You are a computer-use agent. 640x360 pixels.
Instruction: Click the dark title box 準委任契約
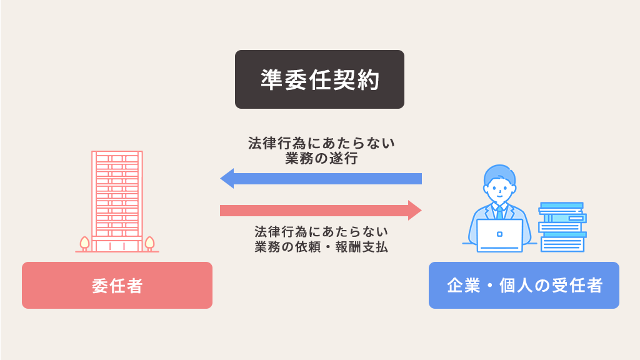tap(319, 79)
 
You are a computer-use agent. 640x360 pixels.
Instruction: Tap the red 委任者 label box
tap(117, 286)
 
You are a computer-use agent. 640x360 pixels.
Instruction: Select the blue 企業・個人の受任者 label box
tap(524, 286)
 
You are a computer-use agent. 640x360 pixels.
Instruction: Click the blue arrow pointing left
tap(321, 179)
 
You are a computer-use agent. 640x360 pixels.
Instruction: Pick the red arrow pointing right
tap(321, 211)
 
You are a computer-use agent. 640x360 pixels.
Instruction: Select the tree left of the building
tap(84, 243)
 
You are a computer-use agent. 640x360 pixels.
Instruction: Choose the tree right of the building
tap(149, 243)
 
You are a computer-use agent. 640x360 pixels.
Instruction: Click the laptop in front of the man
tap(499, 236)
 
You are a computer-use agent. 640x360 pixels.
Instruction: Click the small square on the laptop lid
tap(499, 234)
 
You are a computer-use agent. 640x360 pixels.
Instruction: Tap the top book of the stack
tap(561, 206)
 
